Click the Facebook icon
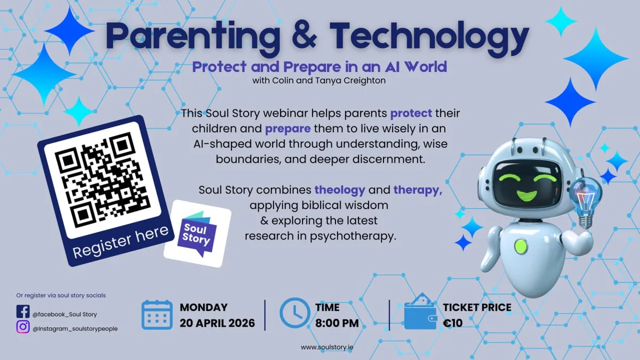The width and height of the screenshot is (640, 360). pyautogui.click(x=23, y=311)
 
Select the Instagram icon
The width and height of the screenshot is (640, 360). pyautogui.click(x=23, y=327)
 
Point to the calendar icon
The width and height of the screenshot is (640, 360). pyautogui.click(x=157, y=315)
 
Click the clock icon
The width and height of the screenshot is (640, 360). pyautogui.click(x=294, y=313)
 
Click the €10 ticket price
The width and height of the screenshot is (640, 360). pyautogui.click(x=453, y=323)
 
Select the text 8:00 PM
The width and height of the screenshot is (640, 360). pyautogui.click(x=337, y=323)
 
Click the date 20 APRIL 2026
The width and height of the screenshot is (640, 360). pyautogui.click(x=217, y=323)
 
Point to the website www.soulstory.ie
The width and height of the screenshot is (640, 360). pyautogui.click(x=327, y=347)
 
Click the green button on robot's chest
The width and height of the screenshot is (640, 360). pyautogui.click(x=521, y=246)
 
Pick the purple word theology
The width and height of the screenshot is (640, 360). pyautogui.click(x=340, y=190)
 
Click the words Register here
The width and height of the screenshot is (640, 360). pyautogui.click(x=121, y=242)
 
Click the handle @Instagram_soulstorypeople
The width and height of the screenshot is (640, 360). pyautogui.click(x=75, y=329)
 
